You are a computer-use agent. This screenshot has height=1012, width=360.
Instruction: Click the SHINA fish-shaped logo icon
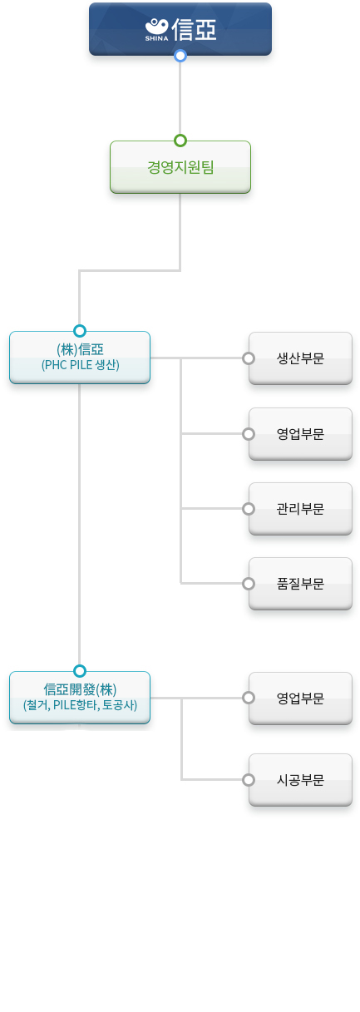(157, 27)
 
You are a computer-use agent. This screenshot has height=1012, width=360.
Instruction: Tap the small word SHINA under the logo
(156, 38)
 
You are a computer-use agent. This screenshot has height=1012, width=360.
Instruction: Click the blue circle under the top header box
(180, 56)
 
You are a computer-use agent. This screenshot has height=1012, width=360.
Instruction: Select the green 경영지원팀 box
(180, 167)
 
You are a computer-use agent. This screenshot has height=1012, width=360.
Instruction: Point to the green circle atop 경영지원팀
(180, 141)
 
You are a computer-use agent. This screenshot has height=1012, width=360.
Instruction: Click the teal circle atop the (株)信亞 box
(80, 331)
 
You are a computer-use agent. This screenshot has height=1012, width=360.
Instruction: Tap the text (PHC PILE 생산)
(81, 365)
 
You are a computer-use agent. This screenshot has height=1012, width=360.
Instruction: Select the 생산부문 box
(300, 358)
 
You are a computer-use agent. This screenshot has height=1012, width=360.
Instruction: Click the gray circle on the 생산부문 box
(249, 358)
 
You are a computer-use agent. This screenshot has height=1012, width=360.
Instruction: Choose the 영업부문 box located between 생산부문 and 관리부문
(300, 434)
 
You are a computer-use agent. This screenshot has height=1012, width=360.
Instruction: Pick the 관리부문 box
(300, 509)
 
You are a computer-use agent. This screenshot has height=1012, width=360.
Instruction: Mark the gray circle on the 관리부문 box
(249, 509)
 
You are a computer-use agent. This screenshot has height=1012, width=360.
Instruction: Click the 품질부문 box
(300, 584)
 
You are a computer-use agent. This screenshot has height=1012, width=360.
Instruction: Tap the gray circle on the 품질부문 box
(249, 584)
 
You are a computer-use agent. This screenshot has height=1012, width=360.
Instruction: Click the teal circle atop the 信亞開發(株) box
(80, 671)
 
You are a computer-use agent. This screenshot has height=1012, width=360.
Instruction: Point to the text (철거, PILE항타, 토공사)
(80, 705)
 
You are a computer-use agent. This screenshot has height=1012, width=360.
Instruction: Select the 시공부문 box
(300, 780)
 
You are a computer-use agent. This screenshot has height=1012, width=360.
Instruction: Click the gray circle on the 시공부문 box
(249, 780)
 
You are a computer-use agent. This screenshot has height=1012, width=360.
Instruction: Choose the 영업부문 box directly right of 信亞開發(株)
(300, 699)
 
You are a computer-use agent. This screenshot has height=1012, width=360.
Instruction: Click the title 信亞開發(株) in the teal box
(80, 690)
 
